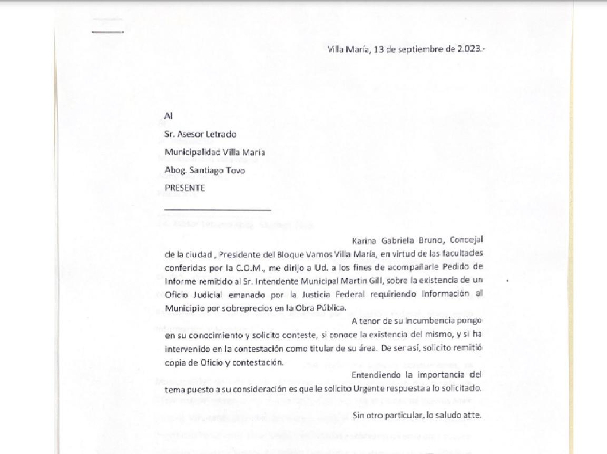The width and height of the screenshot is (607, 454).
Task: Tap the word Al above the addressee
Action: (169, 116)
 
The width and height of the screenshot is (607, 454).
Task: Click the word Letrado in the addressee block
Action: (221, 134)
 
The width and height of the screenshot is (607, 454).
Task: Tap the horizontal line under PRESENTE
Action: (217, 210)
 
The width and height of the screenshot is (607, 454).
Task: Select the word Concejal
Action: (467, 241)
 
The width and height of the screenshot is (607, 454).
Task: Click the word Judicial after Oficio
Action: (210, 294)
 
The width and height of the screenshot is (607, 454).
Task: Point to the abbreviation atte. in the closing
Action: (473, 415)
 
